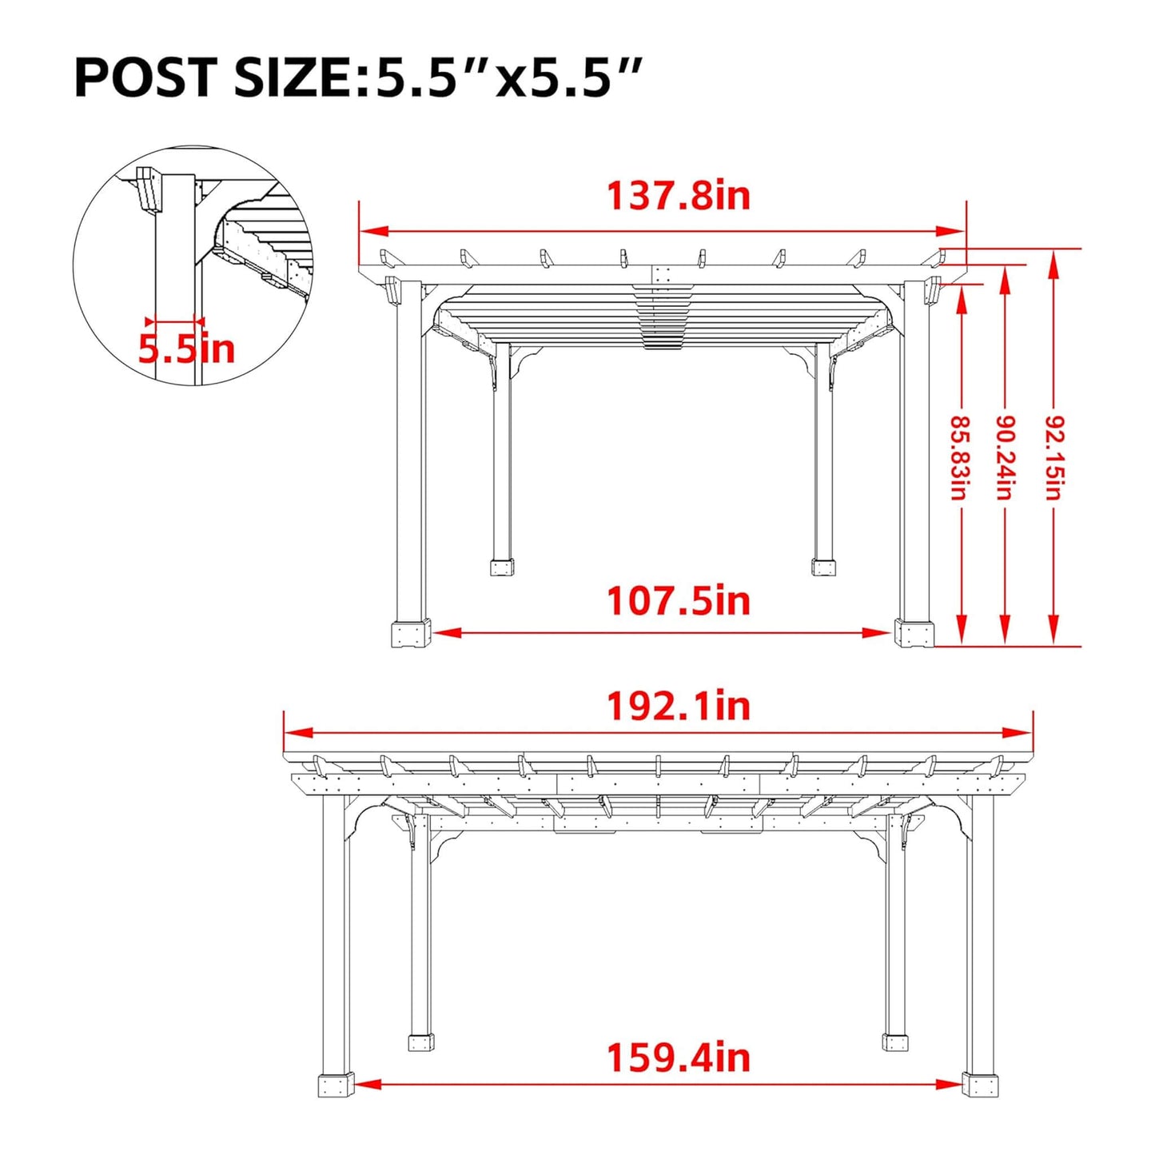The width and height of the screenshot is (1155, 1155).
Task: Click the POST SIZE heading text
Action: (358, 78)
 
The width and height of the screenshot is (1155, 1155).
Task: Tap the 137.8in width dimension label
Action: (679, 197)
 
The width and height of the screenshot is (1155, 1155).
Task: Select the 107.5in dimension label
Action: (679, 602)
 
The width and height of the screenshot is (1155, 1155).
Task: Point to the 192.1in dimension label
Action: (679, 707)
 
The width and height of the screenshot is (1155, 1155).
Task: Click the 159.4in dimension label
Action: (679, 1058)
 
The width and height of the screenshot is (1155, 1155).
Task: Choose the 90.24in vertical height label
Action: (1006, 457)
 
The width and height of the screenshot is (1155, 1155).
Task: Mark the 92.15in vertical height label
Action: (1054, 457)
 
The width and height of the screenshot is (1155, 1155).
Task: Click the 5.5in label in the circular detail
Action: (187, 349)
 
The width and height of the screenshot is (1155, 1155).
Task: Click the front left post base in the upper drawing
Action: (412, 634)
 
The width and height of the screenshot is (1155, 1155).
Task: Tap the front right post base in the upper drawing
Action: (914, 634)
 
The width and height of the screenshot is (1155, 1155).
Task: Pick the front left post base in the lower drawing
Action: (336, 1085)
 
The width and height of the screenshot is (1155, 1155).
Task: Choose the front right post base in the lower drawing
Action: (981, 1085)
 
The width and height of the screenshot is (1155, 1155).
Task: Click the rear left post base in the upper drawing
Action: (502, 568)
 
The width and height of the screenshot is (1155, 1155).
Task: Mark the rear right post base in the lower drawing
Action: (895, 1041)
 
